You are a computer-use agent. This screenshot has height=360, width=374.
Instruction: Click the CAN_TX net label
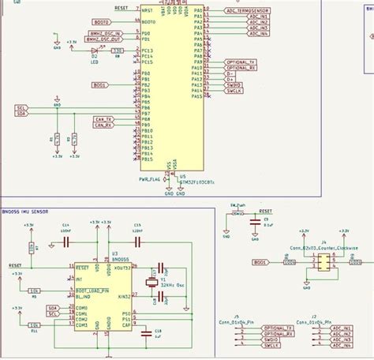click(x=104, y=118)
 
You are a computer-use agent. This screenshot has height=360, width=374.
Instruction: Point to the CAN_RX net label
click(x=104, y=125)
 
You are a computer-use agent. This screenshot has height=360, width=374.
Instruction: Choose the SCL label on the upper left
click(x=21, y=107)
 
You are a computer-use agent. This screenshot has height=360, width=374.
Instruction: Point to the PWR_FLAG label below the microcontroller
click(x=150, y=179)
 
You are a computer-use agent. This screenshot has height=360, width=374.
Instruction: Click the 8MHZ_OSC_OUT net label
click(x=104, y=40)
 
